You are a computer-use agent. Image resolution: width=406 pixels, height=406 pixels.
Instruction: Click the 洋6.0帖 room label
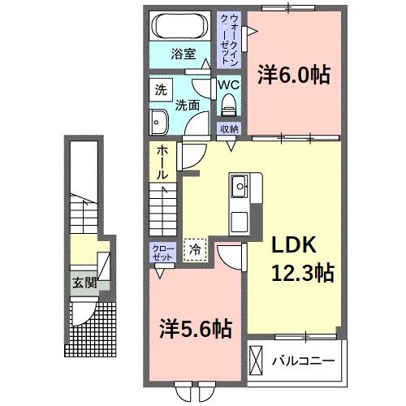294,75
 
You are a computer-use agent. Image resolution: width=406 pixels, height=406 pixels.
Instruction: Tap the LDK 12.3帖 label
298,258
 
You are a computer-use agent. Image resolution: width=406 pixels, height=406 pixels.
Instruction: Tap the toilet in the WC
228,103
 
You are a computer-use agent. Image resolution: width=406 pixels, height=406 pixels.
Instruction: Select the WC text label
227,84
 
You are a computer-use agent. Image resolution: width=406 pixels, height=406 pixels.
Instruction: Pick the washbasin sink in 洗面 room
158,122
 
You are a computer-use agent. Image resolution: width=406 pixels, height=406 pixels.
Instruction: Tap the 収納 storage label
228,128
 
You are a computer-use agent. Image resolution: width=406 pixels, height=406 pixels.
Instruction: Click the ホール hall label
163,162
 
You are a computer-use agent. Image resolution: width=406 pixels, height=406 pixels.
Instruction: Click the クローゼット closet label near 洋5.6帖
160,252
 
